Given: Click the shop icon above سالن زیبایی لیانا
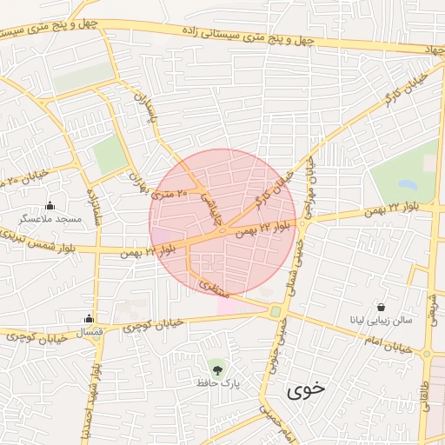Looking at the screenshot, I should coord(382,306).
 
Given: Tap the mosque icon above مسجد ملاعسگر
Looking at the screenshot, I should coord(50,206).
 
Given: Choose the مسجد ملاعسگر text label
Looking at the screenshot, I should coord(50,220).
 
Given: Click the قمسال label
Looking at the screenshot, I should coord(89,333).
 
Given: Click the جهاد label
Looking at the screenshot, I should coord(433,51).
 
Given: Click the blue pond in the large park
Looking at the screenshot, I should coord(408,185).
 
